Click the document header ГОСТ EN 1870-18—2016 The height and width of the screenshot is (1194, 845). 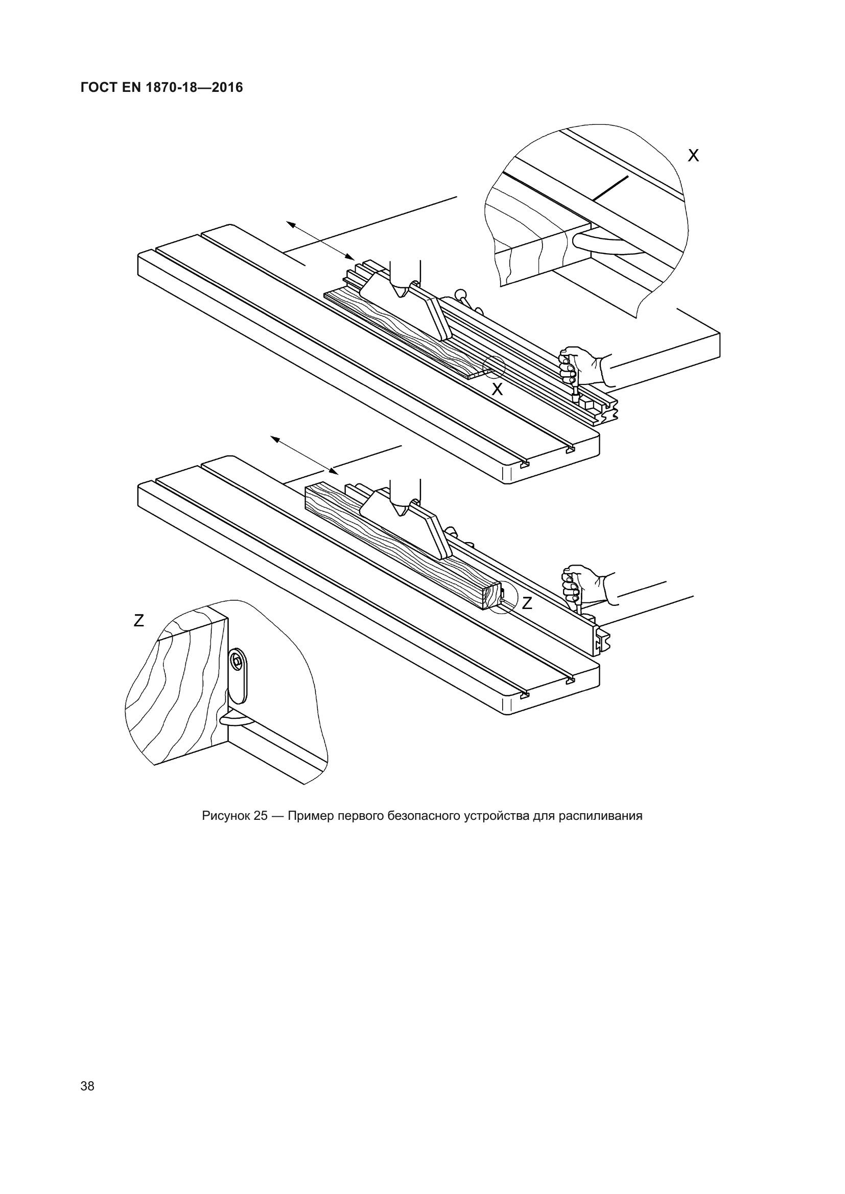(x=161, y=87)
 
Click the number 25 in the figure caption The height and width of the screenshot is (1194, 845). (x=261, y=815)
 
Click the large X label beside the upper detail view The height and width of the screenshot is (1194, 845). (x=693, y=156)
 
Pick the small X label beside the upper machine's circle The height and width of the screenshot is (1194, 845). (x=498, y=389)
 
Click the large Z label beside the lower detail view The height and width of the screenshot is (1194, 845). (x=138, y=620)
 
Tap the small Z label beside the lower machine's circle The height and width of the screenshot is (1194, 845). (x=527, y=603)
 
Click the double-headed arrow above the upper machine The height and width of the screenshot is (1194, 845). (x=320, y=240)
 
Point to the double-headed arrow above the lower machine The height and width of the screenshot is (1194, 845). (x=304, y=455)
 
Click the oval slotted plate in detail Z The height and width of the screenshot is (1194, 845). (x=239, y=675)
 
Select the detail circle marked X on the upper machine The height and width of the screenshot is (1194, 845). (x=494, y=367)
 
